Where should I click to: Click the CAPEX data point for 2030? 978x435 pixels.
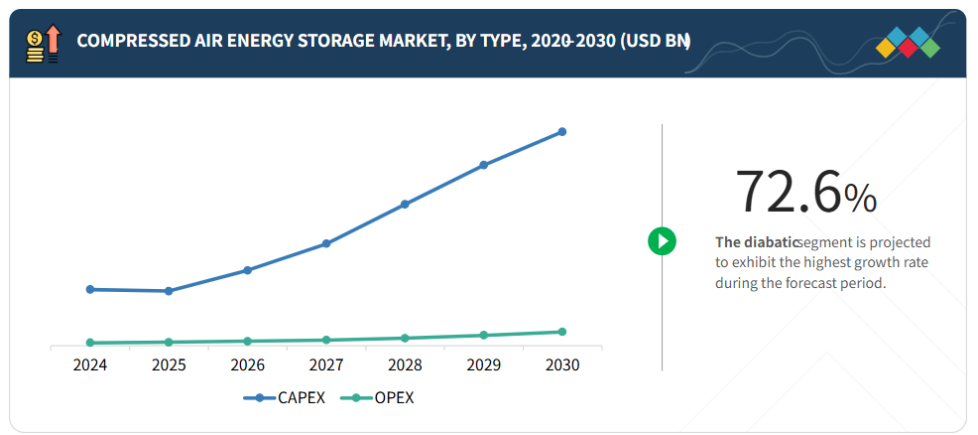(x=562, y=131)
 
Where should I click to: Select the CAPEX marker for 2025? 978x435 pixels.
(x=169, y=291)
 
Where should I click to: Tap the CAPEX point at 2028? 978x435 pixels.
(x=405, y=205)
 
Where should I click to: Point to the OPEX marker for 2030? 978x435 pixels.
(x=562, y=332)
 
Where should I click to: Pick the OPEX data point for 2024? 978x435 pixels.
(x=90, y=343)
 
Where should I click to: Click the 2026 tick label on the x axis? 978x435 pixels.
(x=247, y=365)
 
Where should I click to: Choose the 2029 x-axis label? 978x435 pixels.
(x=484, y=365)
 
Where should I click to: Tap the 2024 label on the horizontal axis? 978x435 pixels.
(x=90, y=365)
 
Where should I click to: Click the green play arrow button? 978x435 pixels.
(x=662, y=240)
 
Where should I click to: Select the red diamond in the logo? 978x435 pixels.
(x=908, y=49)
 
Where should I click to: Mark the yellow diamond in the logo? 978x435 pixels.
(x=886, y=49)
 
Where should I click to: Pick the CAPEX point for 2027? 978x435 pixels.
(x=326, y=243)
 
